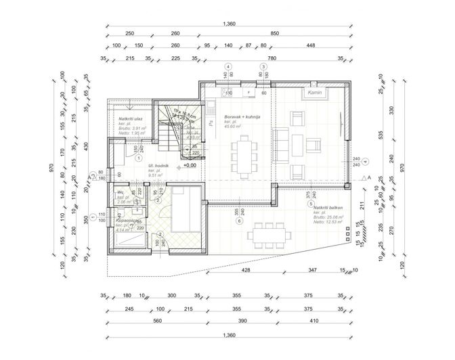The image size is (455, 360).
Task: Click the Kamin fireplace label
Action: pos(313,92)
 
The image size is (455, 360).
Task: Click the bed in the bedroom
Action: pos(184,210)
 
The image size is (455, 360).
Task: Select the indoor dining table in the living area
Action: pos(245,154)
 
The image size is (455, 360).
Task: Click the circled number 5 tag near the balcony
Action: pos(310,204)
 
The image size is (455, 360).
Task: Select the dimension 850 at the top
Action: pos(274,34)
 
